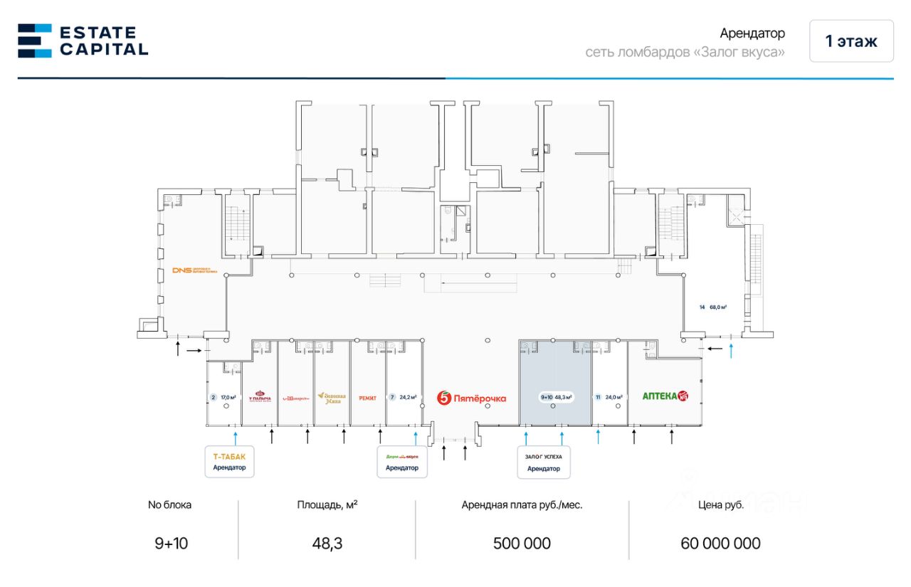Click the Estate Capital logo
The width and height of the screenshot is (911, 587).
coord(83,41)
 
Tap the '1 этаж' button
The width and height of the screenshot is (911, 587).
coord(851,41)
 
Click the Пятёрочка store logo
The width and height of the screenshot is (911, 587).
coord(472,398)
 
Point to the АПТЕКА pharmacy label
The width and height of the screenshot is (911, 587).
coord(666,396)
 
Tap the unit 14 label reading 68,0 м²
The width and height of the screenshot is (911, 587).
coord(713,307)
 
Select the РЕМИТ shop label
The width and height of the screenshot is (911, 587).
coord(368,398)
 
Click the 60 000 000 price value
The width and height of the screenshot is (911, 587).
coord(720,544)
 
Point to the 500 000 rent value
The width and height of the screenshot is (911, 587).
coord(522,544)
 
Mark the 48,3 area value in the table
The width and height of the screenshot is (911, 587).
coord(327,544)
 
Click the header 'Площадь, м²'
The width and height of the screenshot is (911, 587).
coord(327,505)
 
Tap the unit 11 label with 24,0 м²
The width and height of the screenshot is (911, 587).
coord(609,397)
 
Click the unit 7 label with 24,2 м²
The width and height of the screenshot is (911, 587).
coord(402,397)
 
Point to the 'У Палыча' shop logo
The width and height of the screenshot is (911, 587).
coord(260,397)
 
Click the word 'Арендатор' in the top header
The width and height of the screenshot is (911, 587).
coord(752,33)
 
